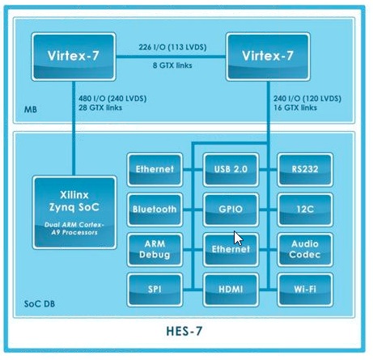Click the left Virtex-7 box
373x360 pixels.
pyautogui.click(x=74, y=57)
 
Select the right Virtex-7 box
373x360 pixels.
pyautogui.click(x=268, y=57)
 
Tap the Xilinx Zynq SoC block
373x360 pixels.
pyautogui.click(x=74, y=213)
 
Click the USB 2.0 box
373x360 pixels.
pyautogui.click(x=231, y=170)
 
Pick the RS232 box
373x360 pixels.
pyautogui.click(x=305, y=170)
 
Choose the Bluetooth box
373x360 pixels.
pyautogui.click(x=155, y=210)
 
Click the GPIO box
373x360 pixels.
pyautogui.click(x=231, y=210)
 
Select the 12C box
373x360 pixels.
pyautogui.click(x=305, y=210)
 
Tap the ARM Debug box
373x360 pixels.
pyautogui.click(x=155, y=249)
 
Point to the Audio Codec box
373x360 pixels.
pyautogui.click(x=305, y=249)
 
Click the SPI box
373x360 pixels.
pyautogui.click(x=155, y=290)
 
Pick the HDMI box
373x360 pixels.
pyautogui.click(x=231, y=290)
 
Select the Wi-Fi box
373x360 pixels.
pyautogui.click(x=305, y=290)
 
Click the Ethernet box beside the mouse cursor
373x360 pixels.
pyautogui.click(x=231, y=249)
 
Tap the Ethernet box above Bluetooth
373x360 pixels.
pyautogui.click(x=155, y=170)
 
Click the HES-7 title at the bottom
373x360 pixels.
pyautogui.click(x=184, y=331)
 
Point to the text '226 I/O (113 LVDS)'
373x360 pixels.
pyautogui.click(x=172, y=47)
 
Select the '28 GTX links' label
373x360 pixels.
pyautogui.click(x=100, y=108)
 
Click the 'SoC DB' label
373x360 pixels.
pyautogui.click(x=40, y=304)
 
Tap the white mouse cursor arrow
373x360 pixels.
pyautogui.click(x=238, y=238)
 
